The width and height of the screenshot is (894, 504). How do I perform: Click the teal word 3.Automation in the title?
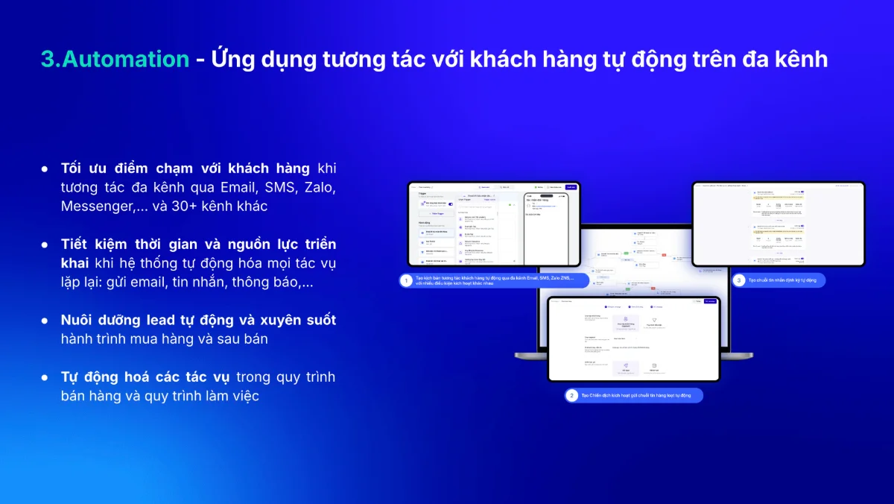pos(115,59)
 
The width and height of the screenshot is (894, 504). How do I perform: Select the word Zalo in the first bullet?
pos(319,186)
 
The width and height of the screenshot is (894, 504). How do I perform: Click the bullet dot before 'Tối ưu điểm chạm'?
pos(45,168)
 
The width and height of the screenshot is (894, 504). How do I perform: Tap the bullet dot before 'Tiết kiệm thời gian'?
pos(45,245)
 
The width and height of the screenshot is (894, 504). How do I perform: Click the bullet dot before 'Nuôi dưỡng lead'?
pos(45,320)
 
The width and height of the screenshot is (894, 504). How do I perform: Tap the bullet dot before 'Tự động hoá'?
pos(45,377)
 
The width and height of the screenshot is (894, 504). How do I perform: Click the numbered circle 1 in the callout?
pos(406,280)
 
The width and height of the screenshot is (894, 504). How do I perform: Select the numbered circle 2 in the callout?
pos(571,396)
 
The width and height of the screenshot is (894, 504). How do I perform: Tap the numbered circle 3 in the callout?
pos(738,280)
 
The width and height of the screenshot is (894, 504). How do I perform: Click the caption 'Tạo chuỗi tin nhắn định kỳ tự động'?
pos(782,280)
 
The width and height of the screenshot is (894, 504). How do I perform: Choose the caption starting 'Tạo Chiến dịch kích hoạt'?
pos(637,396)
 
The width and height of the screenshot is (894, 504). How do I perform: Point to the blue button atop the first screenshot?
pos(571,187)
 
